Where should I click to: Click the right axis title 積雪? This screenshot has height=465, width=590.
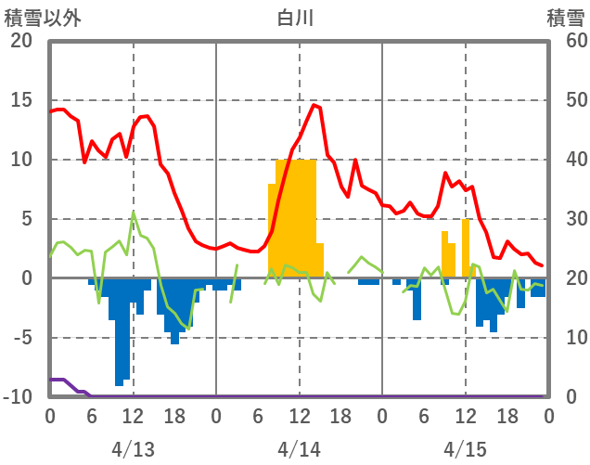(565, 17)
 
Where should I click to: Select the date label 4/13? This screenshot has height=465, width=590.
(133, 450)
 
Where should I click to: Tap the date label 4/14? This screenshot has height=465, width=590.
(299, 450)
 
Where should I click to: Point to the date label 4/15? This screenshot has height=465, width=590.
(465, 450)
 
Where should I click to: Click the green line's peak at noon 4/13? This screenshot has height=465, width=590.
(134, 213)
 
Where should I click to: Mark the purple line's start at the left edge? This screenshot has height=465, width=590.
(52, 380)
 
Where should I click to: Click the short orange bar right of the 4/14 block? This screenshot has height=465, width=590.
(320, 261)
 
